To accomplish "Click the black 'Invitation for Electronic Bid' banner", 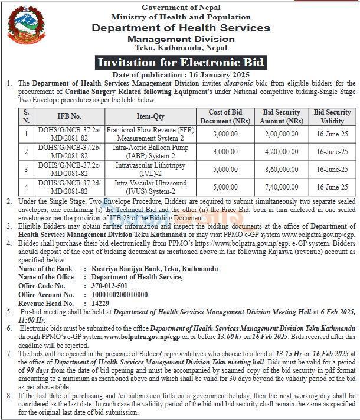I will [x=181, y=63].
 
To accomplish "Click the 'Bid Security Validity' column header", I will [x=332, y=116].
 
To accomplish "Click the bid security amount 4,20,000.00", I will [x=282, y=152].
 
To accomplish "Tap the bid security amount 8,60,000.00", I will [x=282, y=170].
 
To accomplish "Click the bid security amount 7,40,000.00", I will [x=282, y=187].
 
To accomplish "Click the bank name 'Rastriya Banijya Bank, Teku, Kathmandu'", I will [x=155, y=269].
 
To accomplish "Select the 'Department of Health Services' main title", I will [x=181, y=28].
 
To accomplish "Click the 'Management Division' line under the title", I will [x=181, y=39].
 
